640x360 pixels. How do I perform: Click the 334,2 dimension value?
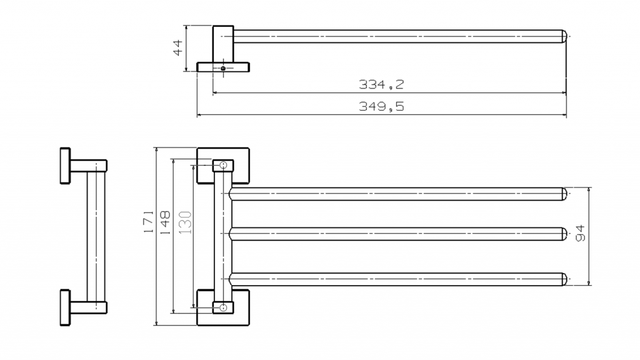point(381,84)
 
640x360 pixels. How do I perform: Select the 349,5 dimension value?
point(381,106)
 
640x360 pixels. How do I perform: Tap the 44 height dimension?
point(178,47)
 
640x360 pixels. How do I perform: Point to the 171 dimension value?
point(149,222)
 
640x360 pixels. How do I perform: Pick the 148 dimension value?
point(164,222)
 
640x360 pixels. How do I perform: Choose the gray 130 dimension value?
point(185,222)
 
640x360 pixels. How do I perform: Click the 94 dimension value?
point(580,233)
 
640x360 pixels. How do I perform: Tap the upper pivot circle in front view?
point(223,165)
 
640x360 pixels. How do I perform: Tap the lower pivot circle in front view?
point(223,307)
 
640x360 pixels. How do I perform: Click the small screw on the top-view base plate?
point(223,68)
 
